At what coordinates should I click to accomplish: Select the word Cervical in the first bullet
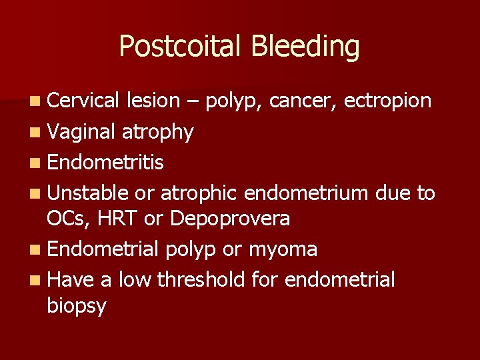pos(83,101)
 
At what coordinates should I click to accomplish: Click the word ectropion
pos(388,101)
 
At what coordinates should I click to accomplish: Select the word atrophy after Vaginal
pos(158,132)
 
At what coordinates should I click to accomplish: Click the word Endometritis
pos(106,162)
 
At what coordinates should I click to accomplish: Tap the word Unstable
pos(88,193)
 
